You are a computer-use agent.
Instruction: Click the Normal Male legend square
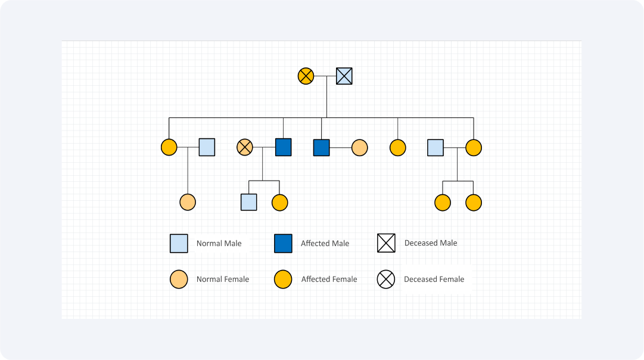click(179, 243)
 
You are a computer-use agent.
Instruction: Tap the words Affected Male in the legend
click(325, 243)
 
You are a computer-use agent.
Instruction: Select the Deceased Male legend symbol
click(386, 243)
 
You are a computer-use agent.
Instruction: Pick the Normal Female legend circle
click(179, 280)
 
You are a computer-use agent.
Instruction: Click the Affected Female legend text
click(329, 279)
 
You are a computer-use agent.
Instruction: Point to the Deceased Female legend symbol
click(386, 280)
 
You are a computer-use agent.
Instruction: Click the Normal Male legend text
click(219, 243)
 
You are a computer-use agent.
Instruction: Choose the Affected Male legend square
click(284, 243)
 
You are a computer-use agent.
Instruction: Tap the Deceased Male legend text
click(431, 243)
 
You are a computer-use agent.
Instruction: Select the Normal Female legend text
click(223, 279)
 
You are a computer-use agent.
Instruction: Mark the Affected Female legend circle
click(283, 280)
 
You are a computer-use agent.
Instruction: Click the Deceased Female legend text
click(434, 279)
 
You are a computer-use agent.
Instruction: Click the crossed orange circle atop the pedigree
click(306, 76)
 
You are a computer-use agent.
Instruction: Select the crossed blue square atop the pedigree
click(344, 76)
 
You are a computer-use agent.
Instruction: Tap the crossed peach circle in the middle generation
click(245, 147)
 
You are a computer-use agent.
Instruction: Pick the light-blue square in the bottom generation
click(249, 202)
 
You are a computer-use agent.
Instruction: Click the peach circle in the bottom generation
click(188, 202)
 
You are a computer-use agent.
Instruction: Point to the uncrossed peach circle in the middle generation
click(360, 148)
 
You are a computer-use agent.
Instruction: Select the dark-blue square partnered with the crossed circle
click(284, 147)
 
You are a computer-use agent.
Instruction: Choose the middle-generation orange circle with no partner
click(397, 148)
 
